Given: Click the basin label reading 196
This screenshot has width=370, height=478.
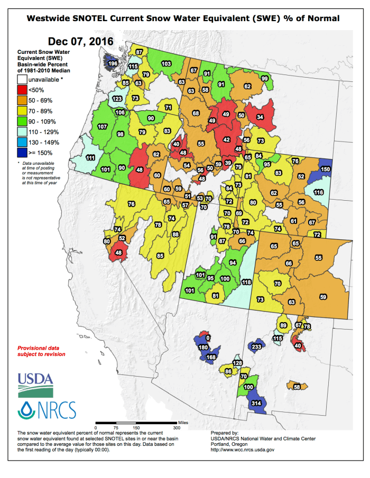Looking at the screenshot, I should click(x=112, y=63).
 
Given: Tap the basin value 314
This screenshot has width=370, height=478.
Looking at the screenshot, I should click(x=257, y=403).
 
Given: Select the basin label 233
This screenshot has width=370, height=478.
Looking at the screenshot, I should click(x=256, y=346).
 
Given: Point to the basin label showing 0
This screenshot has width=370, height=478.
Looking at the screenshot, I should click(x=208, y=338).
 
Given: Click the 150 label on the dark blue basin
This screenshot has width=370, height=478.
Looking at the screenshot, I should click(x=326, y=169).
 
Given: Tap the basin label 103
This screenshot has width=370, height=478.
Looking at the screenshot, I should click(x=166, y=63).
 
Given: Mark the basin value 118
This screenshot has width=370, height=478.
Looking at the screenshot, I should click(x=246, y=283).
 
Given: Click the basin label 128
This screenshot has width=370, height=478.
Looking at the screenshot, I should click(x=237, y=363).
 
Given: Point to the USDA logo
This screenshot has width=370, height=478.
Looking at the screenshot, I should click(x=35, y=384).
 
